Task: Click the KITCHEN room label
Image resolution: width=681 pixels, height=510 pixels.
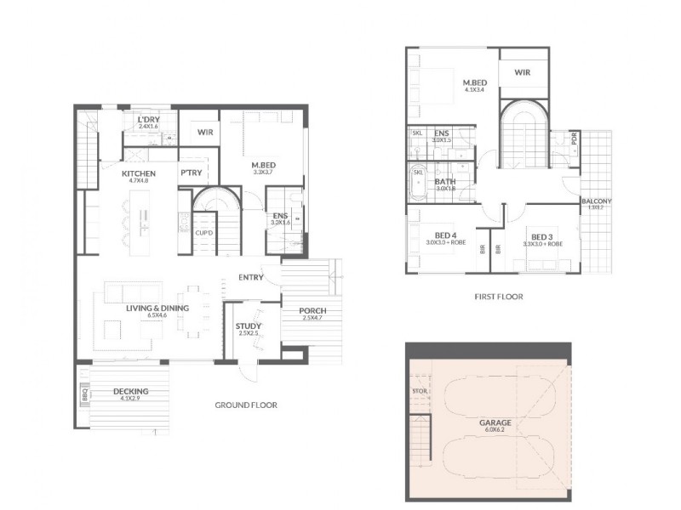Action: [114, 173]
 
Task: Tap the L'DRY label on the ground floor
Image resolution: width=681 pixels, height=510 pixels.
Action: [148, 120]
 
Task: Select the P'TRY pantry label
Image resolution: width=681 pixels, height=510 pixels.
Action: [189, 173]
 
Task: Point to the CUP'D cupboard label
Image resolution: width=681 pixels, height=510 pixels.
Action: [203, 232]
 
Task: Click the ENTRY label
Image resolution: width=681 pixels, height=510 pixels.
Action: [250, 277]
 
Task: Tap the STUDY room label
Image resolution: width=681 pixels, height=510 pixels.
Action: [248, 326]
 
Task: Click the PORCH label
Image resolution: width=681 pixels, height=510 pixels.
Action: [313, 310]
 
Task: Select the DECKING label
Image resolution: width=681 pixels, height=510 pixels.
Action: [130, 392]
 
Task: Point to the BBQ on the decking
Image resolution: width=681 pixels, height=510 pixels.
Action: [84, 395]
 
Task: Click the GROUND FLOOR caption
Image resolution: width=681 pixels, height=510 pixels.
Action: [246, 405]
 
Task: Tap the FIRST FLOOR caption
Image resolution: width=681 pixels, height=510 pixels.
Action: [498, 297]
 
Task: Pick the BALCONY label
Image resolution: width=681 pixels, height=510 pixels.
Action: [597, 201]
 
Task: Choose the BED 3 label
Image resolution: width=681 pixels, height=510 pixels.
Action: [542, 236]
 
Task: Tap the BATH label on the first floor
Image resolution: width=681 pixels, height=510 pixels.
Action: [444, 182]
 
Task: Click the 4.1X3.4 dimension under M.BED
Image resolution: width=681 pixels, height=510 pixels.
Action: [474, 89]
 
